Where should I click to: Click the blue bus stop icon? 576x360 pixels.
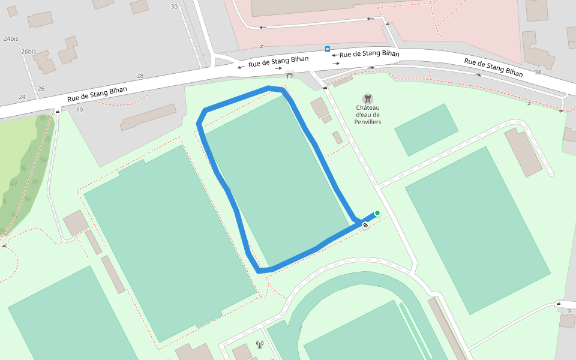click(x=327, y=49)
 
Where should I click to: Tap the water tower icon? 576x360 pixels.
click(x=367, y=98)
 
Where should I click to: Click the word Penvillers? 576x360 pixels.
click(x=368, y=122)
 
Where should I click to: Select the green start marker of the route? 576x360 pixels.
click(x=377, y=213)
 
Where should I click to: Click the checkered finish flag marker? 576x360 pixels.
click(x=365, y=226)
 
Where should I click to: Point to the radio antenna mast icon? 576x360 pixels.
click(x=259, y=344)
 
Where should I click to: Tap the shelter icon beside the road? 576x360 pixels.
click(x=290, y=74)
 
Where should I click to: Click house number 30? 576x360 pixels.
click(x=174, y=7)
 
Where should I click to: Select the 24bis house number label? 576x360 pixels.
click(x=11, y=38)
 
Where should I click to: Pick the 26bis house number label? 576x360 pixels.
click(x=28, y=52)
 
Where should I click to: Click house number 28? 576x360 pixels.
click(x=140, y=76)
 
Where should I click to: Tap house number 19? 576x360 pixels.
click(x=79, y=110)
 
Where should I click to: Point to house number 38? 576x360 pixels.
click(x=538, y=72)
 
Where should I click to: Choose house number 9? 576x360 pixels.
click(x=568, y=310)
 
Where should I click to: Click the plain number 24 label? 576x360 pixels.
click(x=22, y=97)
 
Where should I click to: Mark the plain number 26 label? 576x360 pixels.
click(x=41, y=89)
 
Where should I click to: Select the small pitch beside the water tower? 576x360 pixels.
click(x=426, y=130)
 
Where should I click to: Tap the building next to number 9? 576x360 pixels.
click(x=567, y=321)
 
